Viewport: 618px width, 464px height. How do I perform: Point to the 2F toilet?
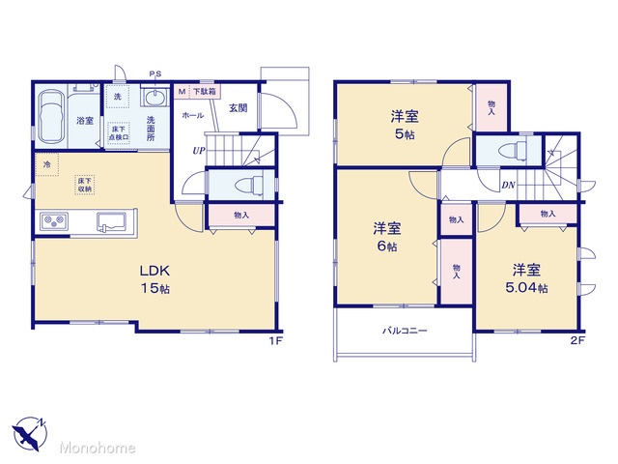(x=513, y=152)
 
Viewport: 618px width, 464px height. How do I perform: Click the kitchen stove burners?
(x=53, y=221)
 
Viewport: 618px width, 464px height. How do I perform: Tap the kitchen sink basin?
(x=112, y=221)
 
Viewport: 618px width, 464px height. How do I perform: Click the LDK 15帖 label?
(x=155, y=279)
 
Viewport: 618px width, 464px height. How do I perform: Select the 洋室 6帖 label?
(x=387, y=237)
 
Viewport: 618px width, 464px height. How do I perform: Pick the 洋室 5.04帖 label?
(x=526, y=278)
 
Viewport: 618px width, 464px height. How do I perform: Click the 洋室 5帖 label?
(x=405, y=125)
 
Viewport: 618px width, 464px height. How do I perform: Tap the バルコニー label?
(x=405, y=331)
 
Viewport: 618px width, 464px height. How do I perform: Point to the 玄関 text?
(x=239, y=107)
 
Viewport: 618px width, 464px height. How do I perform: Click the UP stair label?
(x=199, y=151)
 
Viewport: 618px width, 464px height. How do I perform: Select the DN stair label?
(x=508, y=185)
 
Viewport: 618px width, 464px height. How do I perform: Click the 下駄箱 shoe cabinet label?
(x=204, y=92)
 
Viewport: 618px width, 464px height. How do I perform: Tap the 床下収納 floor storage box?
(x=85, y=185)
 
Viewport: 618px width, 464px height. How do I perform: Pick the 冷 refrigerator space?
(x=47, y=164)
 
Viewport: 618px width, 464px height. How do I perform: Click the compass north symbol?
(x=30, y=433)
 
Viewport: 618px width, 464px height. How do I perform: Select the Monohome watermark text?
(x=98, y=448)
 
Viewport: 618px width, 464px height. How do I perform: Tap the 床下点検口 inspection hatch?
(x=119, y=133)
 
